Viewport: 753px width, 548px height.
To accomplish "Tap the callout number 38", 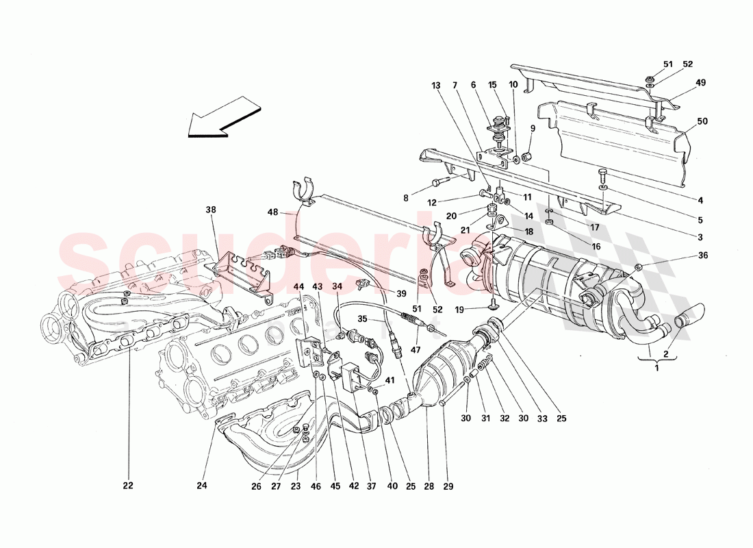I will pyautogui.click(x=211, y=211).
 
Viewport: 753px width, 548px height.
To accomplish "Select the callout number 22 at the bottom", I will pyautogui.click(x=128, y=486).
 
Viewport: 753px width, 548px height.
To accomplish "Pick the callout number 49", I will pyautogui.click(x=701, y=82).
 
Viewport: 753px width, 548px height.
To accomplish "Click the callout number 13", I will pyautogui.click(x=436, y=86).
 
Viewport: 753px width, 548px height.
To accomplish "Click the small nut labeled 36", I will pyautogui.click(x=638, y=266).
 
